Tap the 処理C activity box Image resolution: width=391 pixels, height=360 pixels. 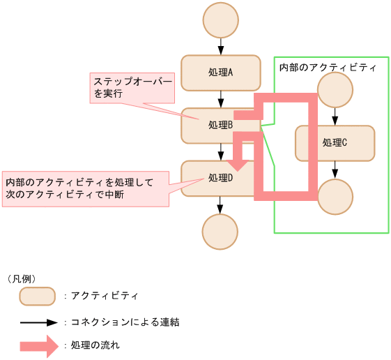pyautogui.click(x=335, y=143)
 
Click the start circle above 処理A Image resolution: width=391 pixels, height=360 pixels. pyautogui.click(x=220, y=21)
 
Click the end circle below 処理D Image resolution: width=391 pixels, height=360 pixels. pyautogui.click(x=220, y=232)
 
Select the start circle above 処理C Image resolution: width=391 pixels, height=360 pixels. pyautogui.click(x=335, y=91)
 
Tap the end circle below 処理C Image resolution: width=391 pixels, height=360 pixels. pyautogui.click(x=335, y=197)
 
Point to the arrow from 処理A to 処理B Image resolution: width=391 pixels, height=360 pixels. pyautogui.click(x=220, y=99)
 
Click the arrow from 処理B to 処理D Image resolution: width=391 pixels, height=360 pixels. pyautogui.click(x=220, y=152)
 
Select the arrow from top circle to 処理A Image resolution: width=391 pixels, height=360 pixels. pyautogui.click(x=220, y=47)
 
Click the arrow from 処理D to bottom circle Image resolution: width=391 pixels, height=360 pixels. pyautogui.click(x=220, y=205)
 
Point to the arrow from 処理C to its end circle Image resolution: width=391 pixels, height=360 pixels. pyautogui.click(x=335, y=170)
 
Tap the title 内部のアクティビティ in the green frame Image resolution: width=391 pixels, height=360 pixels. pyautogui.click(x=327, y=68)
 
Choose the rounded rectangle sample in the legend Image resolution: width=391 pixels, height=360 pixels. pyautogui.click(x=37, y=296)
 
